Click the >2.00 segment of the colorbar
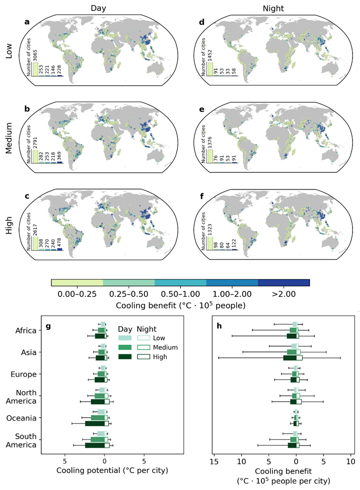(284, 282)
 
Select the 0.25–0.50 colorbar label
(128, 294)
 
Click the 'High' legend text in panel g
(160, 357)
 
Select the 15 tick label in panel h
(214, 460)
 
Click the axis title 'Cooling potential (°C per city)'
(104, 470)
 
